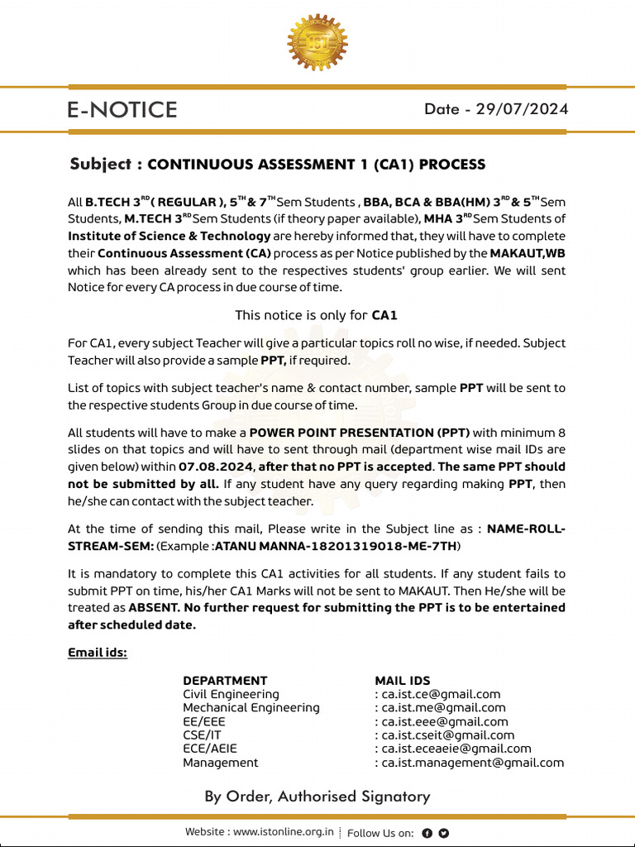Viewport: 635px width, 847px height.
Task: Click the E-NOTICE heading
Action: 122,110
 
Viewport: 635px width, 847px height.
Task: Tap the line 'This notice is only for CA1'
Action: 317,315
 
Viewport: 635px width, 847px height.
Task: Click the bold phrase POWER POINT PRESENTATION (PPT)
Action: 360,433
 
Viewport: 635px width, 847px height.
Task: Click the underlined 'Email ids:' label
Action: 98,653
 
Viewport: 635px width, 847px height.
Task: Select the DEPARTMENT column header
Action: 225,681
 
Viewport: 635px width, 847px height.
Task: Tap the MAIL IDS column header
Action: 403,681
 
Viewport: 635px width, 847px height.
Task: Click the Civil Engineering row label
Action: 231,695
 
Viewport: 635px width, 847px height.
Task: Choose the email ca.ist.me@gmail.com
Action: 442,708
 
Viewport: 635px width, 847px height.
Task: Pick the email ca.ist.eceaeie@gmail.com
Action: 456,749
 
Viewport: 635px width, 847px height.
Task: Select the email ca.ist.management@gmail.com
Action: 471,763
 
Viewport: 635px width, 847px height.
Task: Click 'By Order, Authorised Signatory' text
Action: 317,797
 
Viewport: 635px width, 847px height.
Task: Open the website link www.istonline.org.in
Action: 284,832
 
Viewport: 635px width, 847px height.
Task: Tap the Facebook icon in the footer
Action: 427,833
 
